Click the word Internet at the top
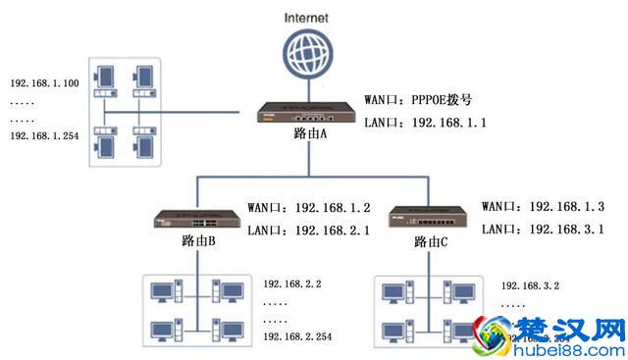[x=307, y=17]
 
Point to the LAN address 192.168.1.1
[x=445, y=124]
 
